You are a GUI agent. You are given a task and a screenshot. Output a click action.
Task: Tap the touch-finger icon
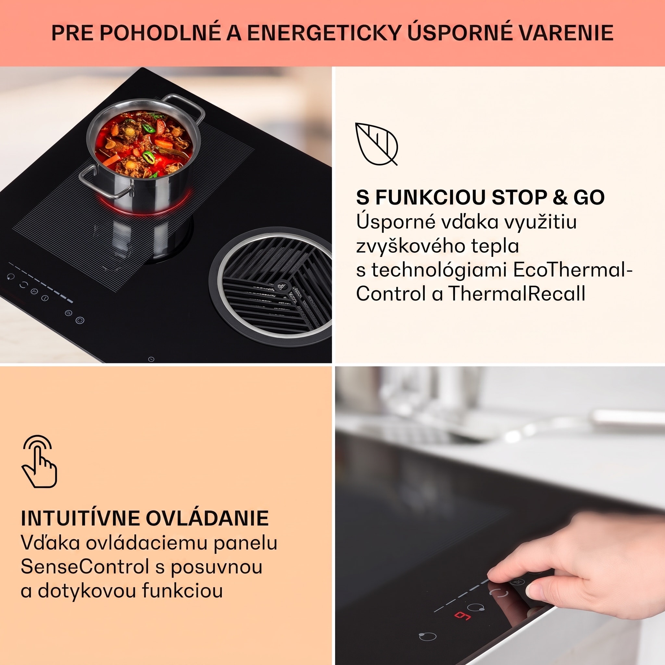pos(39,461)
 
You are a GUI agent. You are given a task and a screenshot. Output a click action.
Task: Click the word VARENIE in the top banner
pos(566,33)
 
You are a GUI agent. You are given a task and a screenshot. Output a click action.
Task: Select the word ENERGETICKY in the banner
pos(324,33)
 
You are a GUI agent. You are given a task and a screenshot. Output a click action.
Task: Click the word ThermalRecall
pos(517,294)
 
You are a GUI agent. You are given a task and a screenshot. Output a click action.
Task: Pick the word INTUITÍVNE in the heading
pos(80,518)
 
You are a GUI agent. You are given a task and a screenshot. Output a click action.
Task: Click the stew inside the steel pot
pos(143,144)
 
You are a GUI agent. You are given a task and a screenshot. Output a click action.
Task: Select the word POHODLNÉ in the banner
pos(160,33)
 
